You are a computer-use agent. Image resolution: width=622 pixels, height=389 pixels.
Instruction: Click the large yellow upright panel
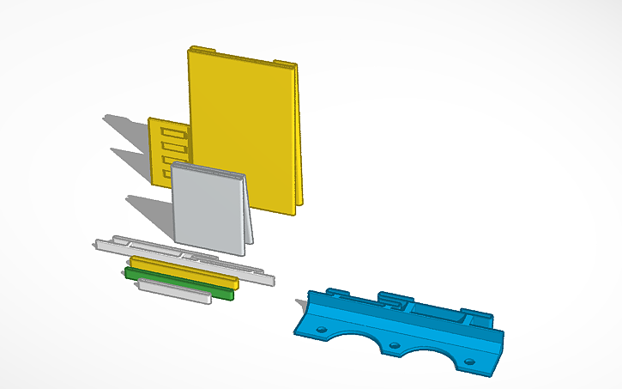[x=245, y=129]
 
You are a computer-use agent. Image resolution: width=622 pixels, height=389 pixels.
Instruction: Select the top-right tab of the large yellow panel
[x=284, y=64]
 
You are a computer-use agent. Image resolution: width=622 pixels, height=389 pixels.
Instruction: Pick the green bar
[x=179, y=283]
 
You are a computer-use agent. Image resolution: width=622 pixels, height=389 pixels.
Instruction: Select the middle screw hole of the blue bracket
[x=394, y=347]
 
